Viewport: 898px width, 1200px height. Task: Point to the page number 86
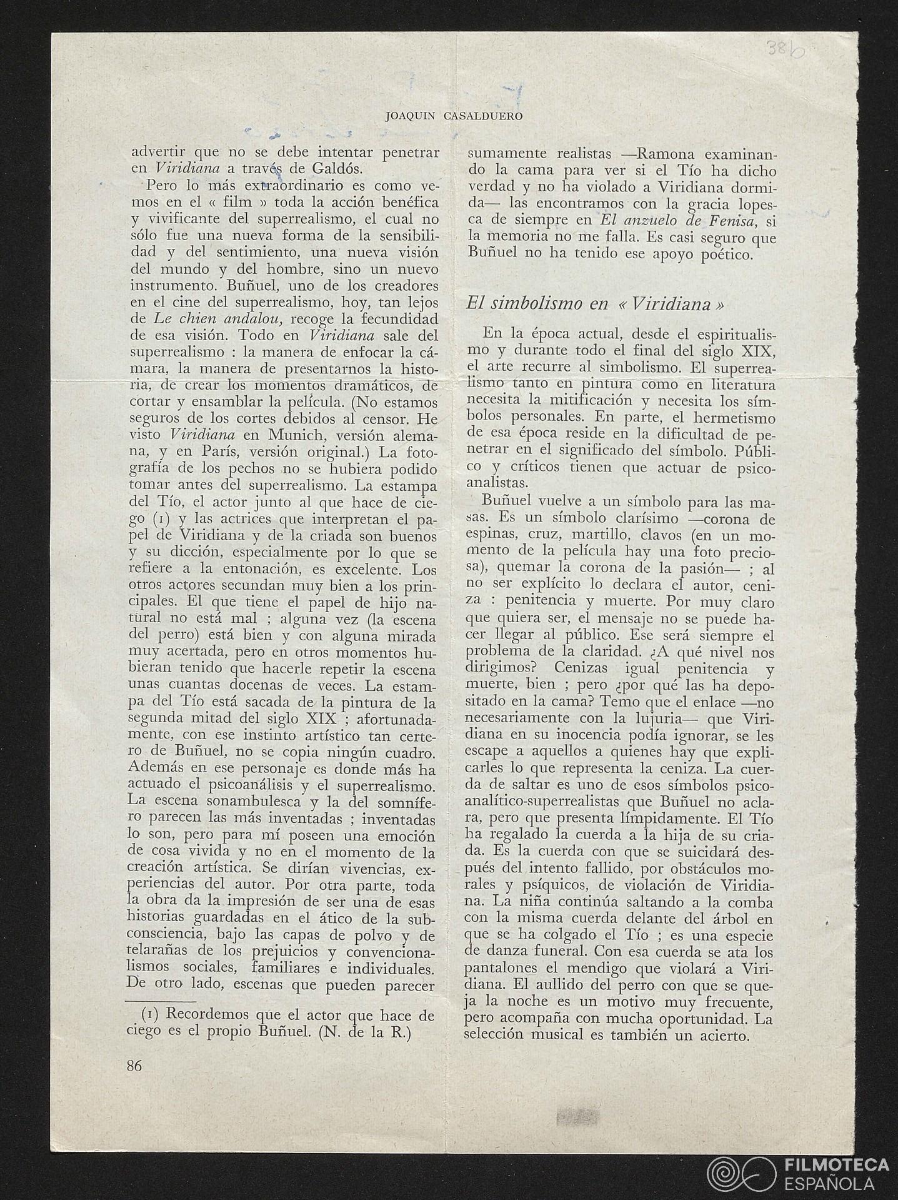[x=134, y=1066]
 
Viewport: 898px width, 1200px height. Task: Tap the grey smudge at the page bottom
[x=576, y=1117]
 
